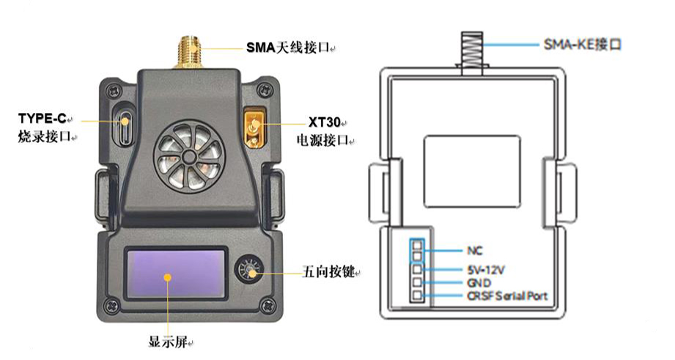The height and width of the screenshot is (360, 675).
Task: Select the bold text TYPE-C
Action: [42, 118]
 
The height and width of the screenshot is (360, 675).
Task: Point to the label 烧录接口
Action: [42, 136]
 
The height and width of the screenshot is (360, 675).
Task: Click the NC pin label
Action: [474, 249]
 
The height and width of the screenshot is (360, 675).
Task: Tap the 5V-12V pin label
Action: [484, 269]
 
